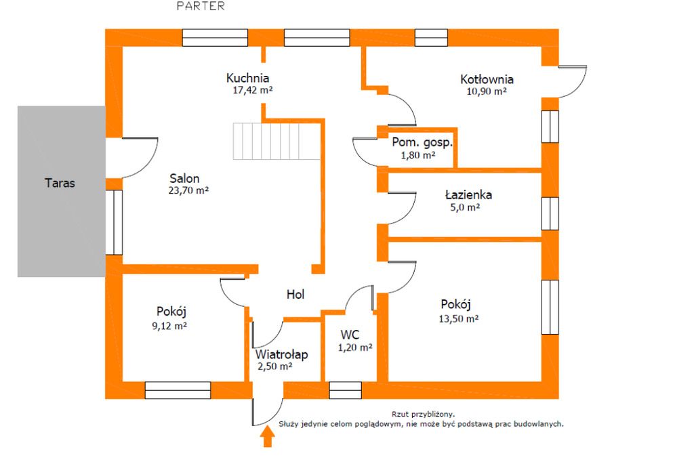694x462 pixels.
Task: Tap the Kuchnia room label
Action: [248, 78]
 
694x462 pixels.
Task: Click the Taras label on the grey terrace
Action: [60, 183]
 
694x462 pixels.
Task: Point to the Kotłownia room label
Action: [487, 79]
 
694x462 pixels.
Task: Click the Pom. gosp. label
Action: [422, 143]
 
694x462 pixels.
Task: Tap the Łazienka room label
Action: [468, 195]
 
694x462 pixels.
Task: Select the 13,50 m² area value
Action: [460, 318]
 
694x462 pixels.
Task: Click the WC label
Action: [350, 335]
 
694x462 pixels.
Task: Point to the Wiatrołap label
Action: [282, 354]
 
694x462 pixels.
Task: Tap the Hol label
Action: [295, 295]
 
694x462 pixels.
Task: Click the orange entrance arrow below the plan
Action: [268, 438]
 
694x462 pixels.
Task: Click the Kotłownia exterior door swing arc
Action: [575, 81]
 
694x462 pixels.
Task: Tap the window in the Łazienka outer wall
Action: [550, 213]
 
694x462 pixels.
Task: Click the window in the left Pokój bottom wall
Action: [178, 390]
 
